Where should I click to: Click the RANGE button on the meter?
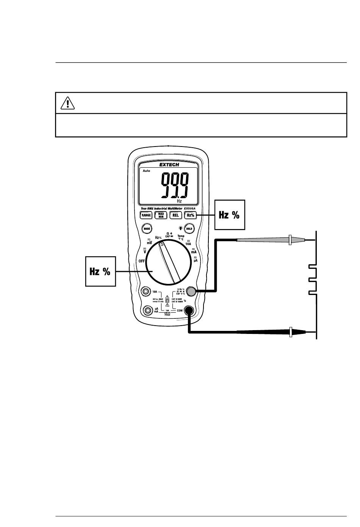pyautogui.click(x=146, y=215)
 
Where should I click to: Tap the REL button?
pyautogui.click(x=175, y=215)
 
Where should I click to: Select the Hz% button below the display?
pyautogui.click(x=190, y=215)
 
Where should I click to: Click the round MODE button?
pyautogui.click(x=147, y=229)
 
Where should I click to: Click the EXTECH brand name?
pyautogui.click(x=169, y=165)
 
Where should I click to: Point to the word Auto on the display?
pyautogui.click(x=146, y=171)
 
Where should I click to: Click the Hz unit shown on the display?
pyautogui.click(x=179, y=201)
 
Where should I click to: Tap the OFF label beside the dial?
pyautogui.click(x=142, y=261)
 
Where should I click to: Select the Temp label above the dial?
pyautogui.click(x=180, y=236)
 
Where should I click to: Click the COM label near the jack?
pyautogui.click(x=179, y=310)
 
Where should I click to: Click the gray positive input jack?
pyautogui.click(x=192, y=291)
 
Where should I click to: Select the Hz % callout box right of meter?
pyautogui.click(x=230, y=215)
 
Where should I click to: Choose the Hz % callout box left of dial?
pyautogui.click(x=100, y=271)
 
